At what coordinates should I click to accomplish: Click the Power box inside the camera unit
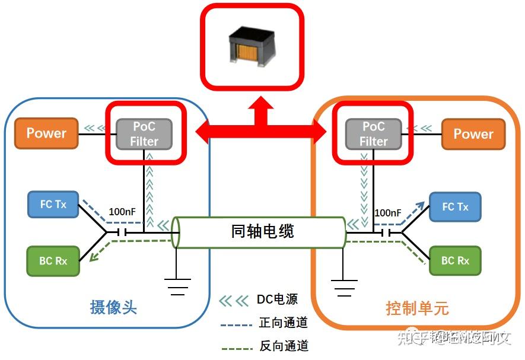pyautogui.click(x=46, y=133)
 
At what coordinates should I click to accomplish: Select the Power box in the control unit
pyautogui.click(x=473, y=133)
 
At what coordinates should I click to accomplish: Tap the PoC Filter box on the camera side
pyautogui.click(x=144, y=133)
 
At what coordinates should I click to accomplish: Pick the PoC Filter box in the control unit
pyautogui.click(x=373, y=133)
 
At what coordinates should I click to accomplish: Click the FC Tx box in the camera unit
pyautogui.click(x=53, y=205)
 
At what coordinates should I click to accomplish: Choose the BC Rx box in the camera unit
pyautogui.click(x=53, y=261)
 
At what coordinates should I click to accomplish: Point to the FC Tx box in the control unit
pyautogui.click(x=456, y=207)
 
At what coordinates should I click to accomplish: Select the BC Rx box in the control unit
pyautogui.click(x=455, y=261)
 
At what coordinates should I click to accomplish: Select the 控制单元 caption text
pyautogui.click(x=417, y=309)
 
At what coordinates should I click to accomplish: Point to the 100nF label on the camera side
pyautogui.click(x=122, y=212)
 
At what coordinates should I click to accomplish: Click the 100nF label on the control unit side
pyautogui.click(x=388, y=212)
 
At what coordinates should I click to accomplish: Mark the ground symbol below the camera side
pyautogui.click(x=177, y=288)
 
